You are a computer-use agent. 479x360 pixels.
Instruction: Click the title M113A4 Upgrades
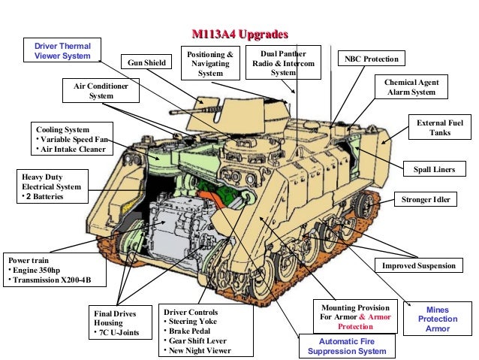(x=239, y=34)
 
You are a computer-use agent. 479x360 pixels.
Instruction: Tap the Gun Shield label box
(x=146, y=62)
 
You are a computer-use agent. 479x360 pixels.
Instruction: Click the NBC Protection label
(x=372, y=59)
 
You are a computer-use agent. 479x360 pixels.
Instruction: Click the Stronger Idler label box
(x=426, y=200)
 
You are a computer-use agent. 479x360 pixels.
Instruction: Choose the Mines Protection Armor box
(x=438, y=319)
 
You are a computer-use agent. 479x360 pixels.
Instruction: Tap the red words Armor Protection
(x=355, y=322)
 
